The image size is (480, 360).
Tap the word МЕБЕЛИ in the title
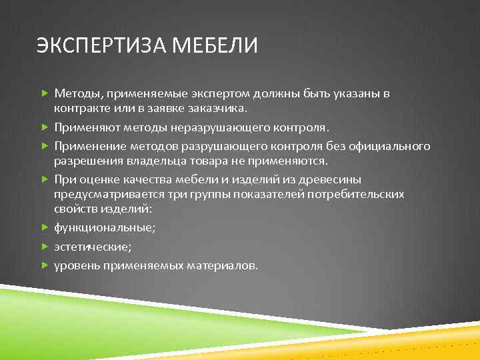point(215,47)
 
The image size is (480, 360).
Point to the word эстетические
point(93,246)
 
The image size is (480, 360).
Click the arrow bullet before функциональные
point(45,227)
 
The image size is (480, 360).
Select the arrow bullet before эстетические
point(45,246)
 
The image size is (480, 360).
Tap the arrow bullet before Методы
point(45,94)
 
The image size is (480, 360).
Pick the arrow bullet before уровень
point(45,265)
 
